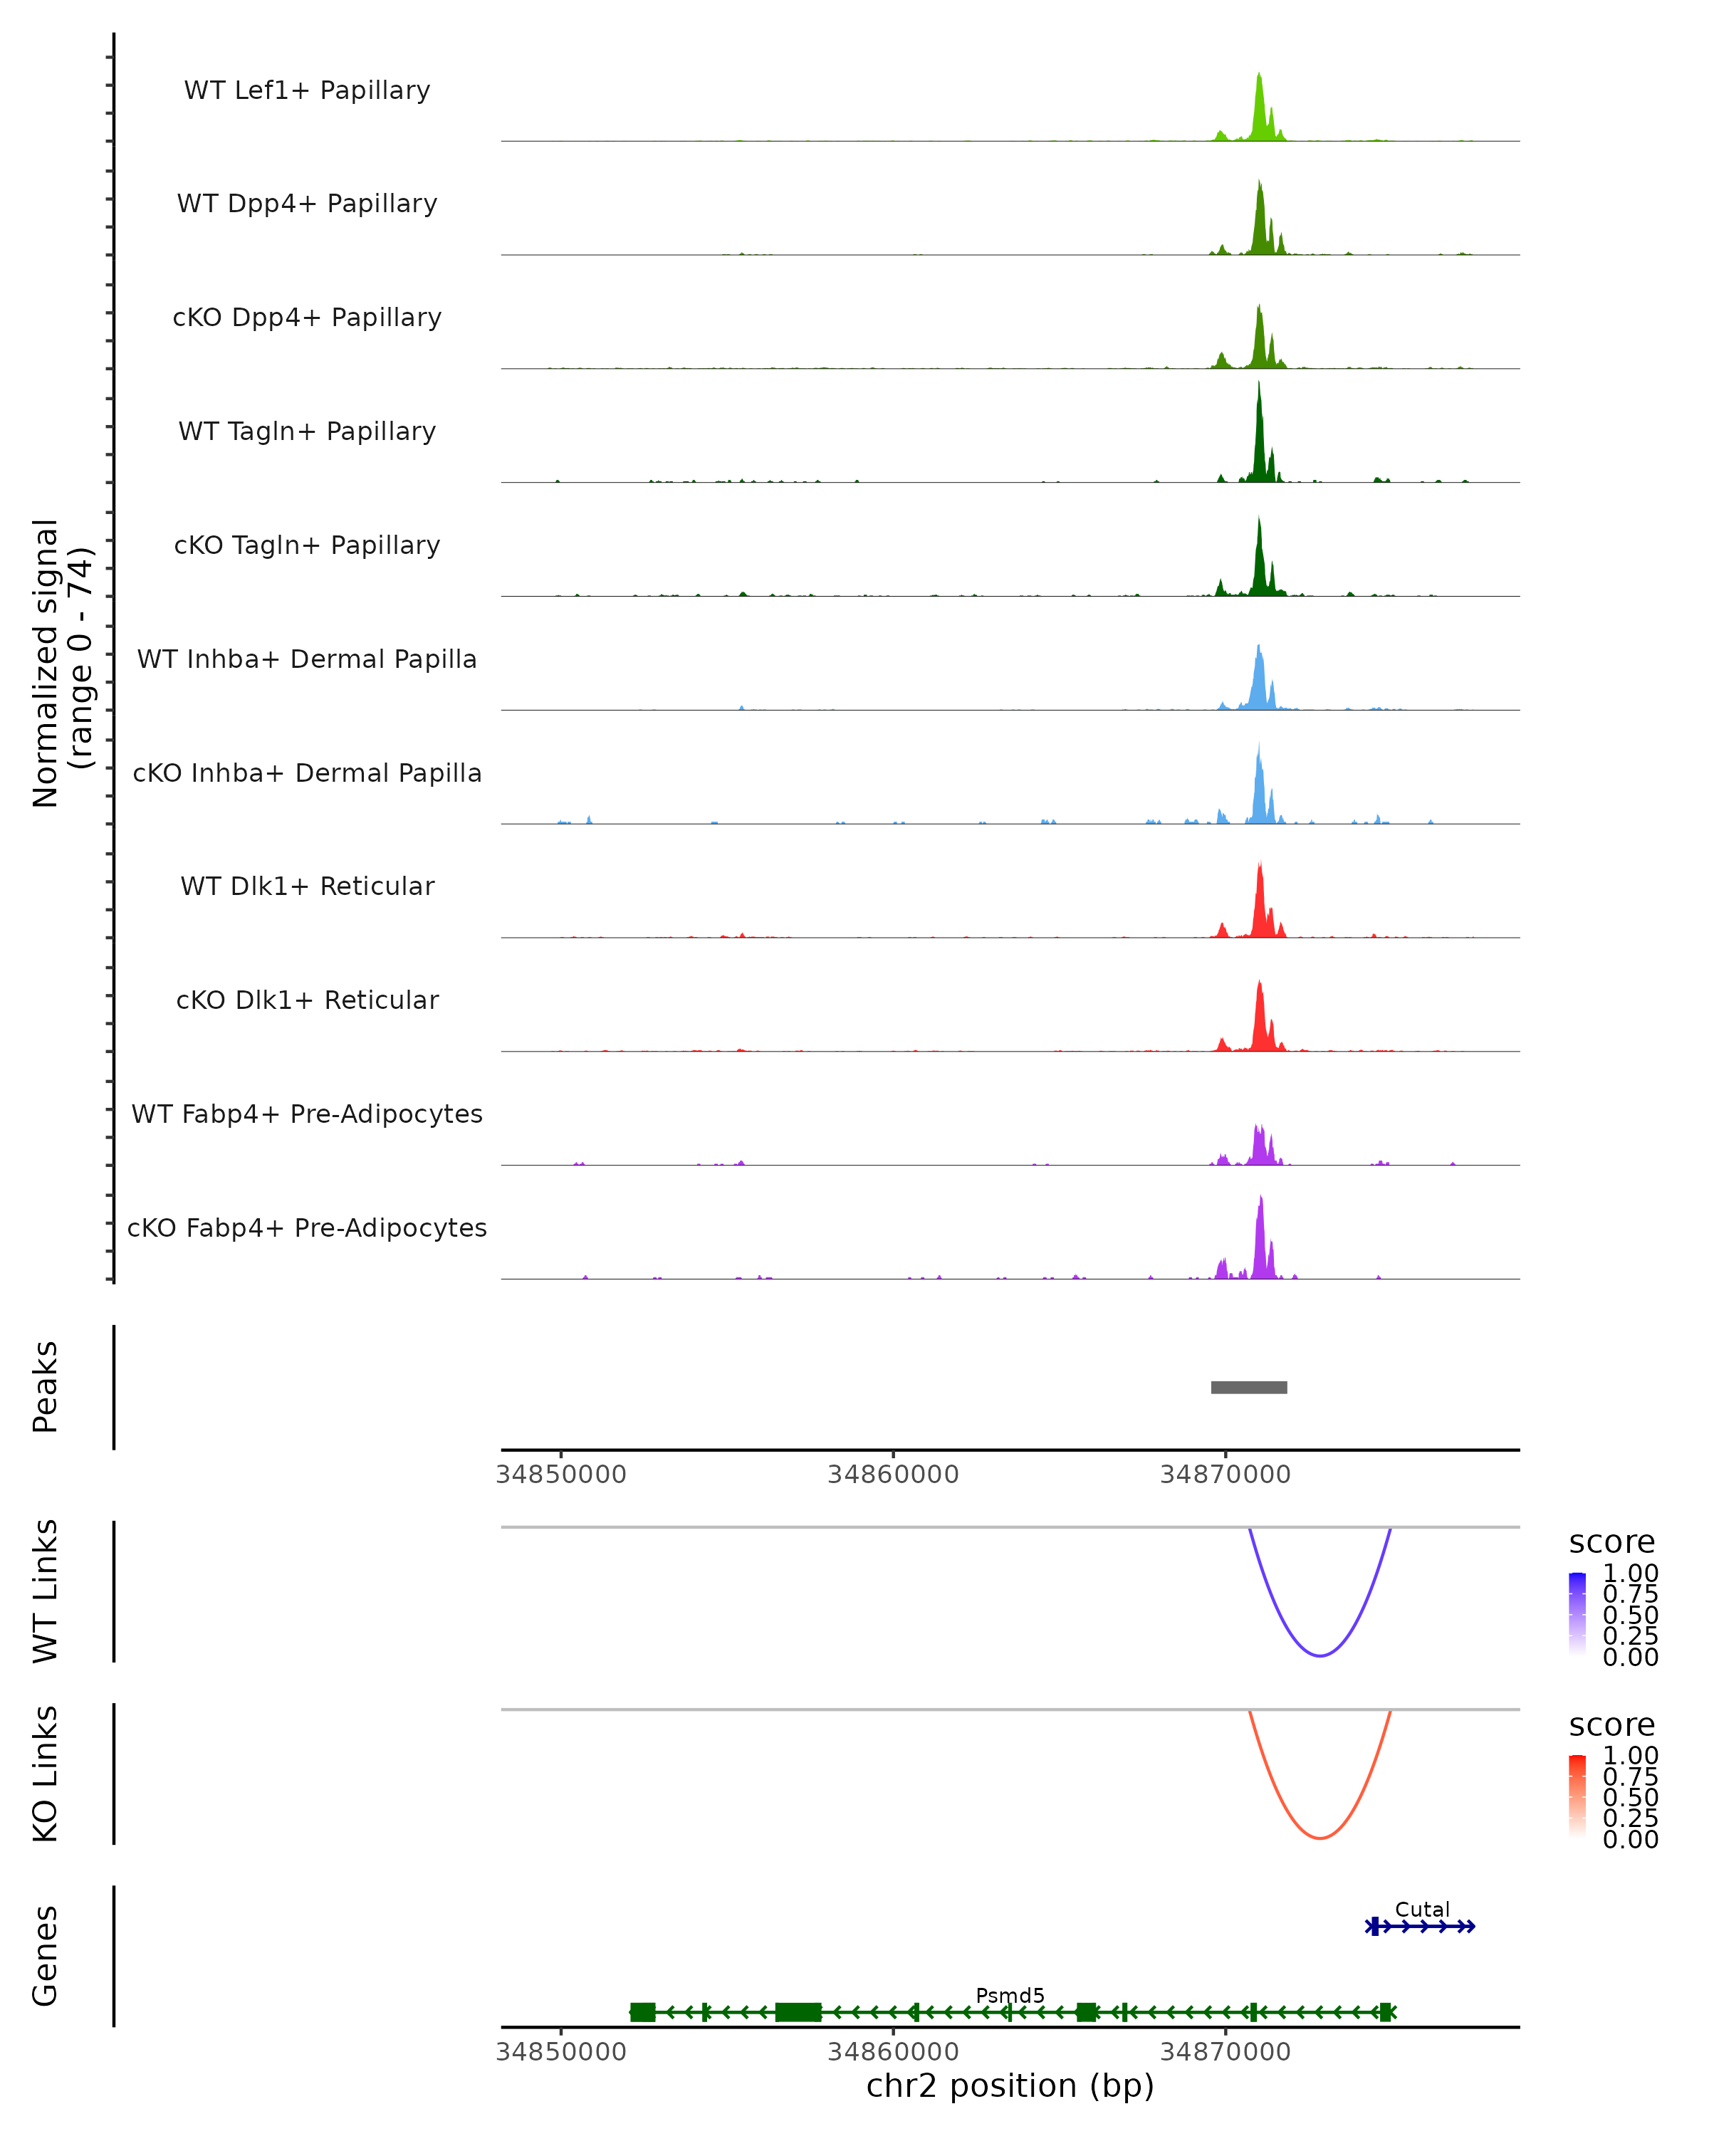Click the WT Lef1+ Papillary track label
[x=307, y=90]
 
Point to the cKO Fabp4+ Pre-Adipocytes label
[x=307, y=1227]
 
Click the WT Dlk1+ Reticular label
[x=307, y=886]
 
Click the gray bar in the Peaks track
[x=1248, y=1387]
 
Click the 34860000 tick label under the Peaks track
[x=893, y=1475]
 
